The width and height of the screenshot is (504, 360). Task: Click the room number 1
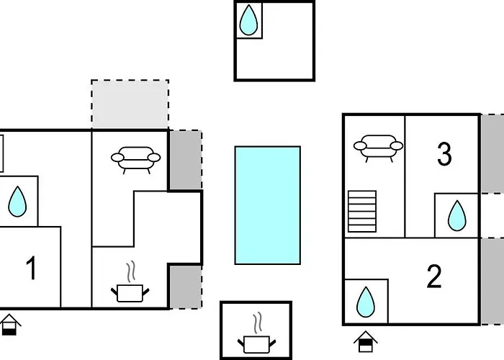[x=31, y=268]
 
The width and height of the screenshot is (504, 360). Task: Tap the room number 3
[x=444, y=154]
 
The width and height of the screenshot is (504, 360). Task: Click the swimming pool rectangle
[x=267, y=205]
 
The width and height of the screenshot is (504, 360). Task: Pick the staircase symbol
[x=362, y=211]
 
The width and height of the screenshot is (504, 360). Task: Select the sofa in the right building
[x=378, y=148]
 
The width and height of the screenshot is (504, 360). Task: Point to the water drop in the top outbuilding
[x=248, y=20]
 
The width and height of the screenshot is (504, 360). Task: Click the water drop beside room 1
[x=17, y=202]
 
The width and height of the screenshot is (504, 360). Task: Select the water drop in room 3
[x=456, y=216]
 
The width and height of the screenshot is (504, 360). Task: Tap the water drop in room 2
[x=366, y=302]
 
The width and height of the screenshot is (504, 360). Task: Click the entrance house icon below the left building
[x=9, y=325]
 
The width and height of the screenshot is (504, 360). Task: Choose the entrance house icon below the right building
[x=366, y=342]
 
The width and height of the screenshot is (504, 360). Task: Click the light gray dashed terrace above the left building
[x=130, y=104]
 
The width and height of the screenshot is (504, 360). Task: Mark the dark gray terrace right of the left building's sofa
[x=186, y=160]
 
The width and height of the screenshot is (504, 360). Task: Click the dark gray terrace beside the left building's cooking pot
[x=186, y=287]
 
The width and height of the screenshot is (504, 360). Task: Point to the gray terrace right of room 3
[x=492, y=153]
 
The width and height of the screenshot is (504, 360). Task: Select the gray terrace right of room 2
[x=492, y=282]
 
